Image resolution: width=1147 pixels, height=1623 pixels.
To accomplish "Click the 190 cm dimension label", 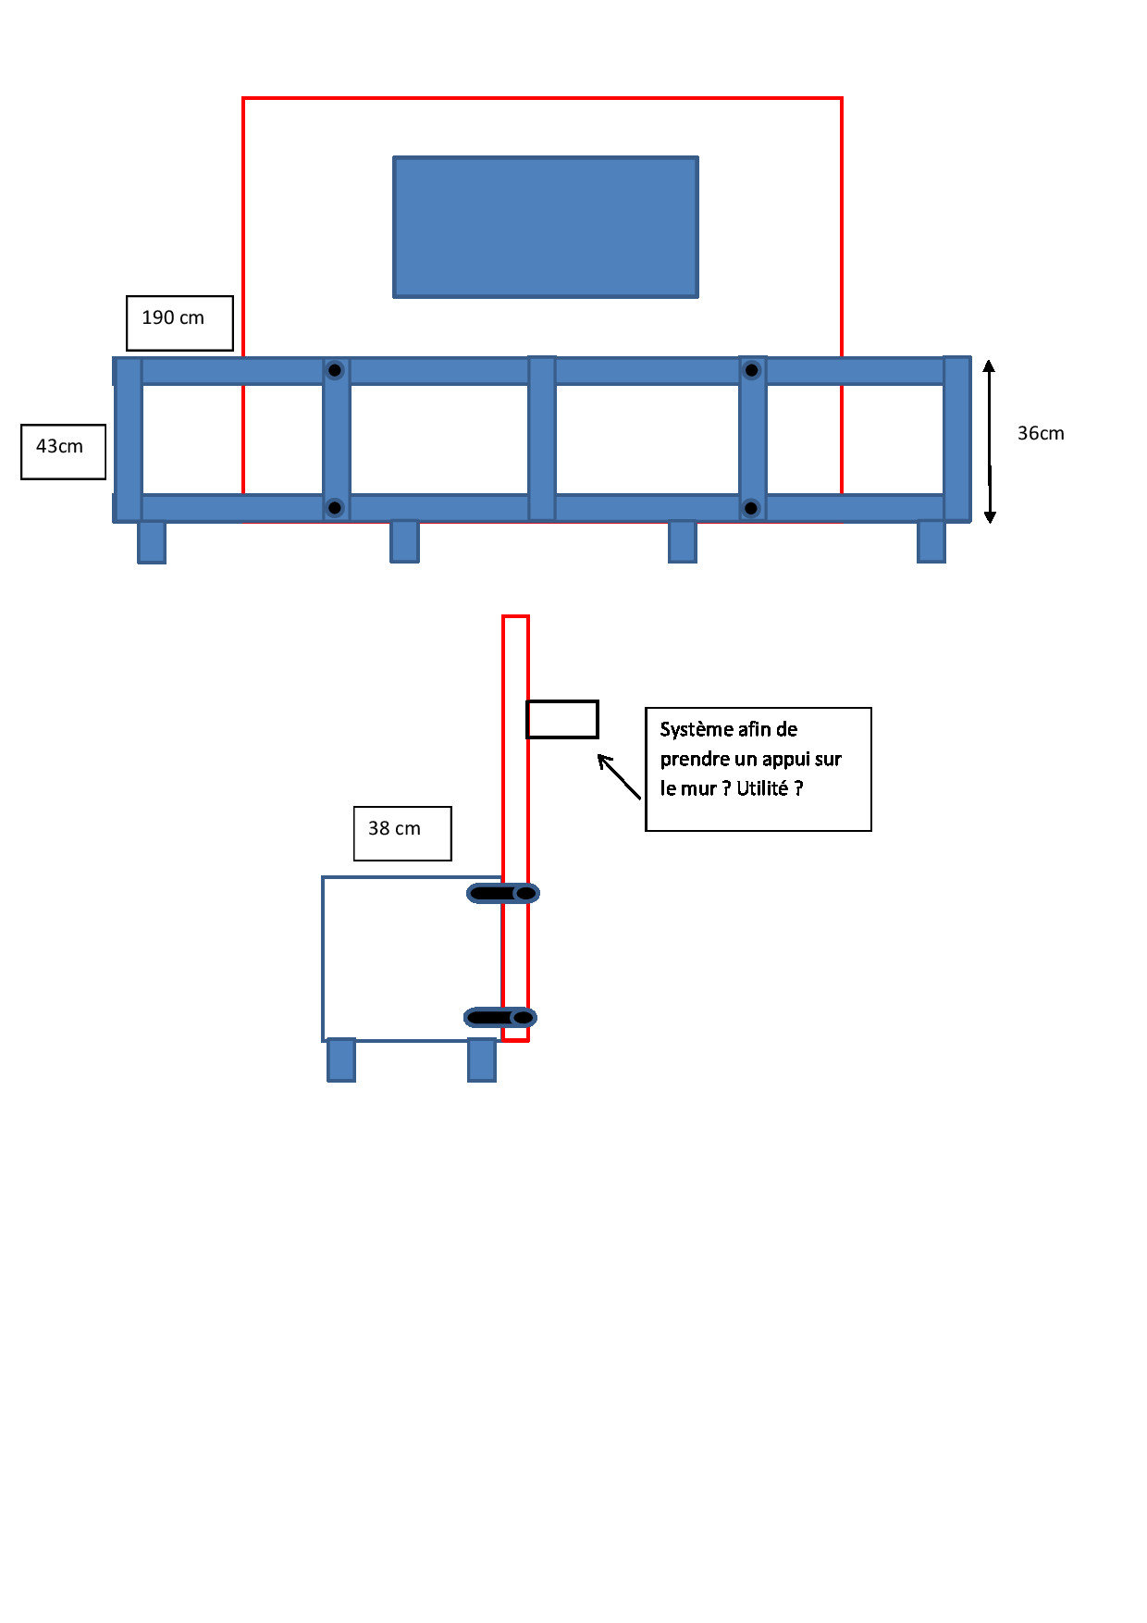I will click(174, 318).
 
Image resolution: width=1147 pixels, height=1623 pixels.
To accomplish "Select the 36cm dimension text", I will click(1041, 433).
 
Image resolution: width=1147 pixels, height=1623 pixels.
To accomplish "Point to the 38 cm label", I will click(396, 829).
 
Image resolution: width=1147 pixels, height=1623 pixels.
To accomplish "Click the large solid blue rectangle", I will click(546, 227).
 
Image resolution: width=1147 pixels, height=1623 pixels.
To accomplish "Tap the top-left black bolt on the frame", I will click(335, 370).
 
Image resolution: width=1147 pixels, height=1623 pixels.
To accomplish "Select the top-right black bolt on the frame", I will click(752, 370).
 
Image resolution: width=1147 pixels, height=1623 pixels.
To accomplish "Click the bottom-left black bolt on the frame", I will click(335, 507).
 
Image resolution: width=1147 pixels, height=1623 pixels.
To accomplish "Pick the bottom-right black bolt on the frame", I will click(751, 507).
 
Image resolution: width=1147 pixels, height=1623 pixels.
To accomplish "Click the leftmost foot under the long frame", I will click(152, 542).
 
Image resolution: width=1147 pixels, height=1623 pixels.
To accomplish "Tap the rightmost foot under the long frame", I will click(931, 542).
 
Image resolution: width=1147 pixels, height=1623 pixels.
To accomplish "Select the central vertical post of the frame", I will click(542, 439).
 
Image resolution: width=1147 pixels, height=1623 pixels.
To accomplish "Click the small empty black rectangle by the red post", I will click(562, 719).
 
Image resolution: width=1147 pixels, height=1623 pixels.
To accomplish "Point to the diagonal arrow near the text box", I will click(619, 776).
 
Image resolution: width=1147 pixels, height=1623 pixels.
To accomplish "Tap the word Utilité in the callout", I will click(761, 788).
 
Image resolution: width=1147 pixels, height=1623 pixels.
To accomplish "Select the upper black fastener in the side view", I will click(502, 893).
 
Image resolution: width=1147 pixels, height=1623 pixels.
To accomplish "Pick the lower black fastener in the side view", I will click(499, 1018).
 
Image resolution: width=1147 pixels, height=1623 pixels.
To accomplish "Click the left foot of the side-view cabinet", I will click(341, 1060).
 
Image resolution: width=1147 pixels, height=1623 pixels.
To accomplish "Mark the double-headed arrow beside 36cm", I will click(990, 441).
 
